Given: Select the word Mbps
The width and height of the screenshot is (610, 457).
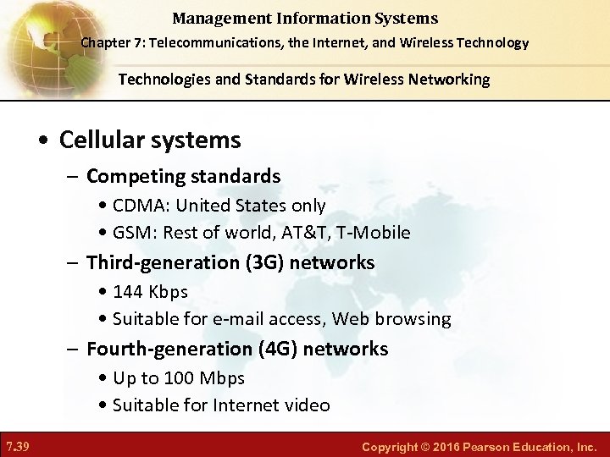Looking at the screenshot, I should pos(221,377).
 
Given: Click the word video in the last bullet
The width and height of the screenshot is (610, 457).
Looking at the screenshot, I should pos(307,405).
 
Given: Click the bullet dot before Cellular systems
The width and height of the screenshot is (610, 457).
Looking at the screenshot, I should pos(47,140).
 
